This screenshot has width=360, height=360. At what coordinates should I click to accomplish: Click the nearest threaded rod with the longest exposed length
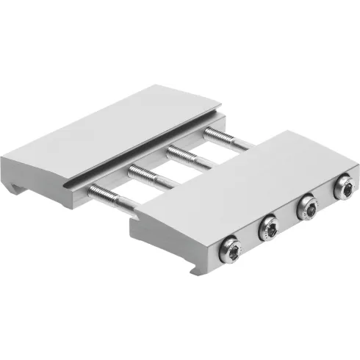110,201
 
